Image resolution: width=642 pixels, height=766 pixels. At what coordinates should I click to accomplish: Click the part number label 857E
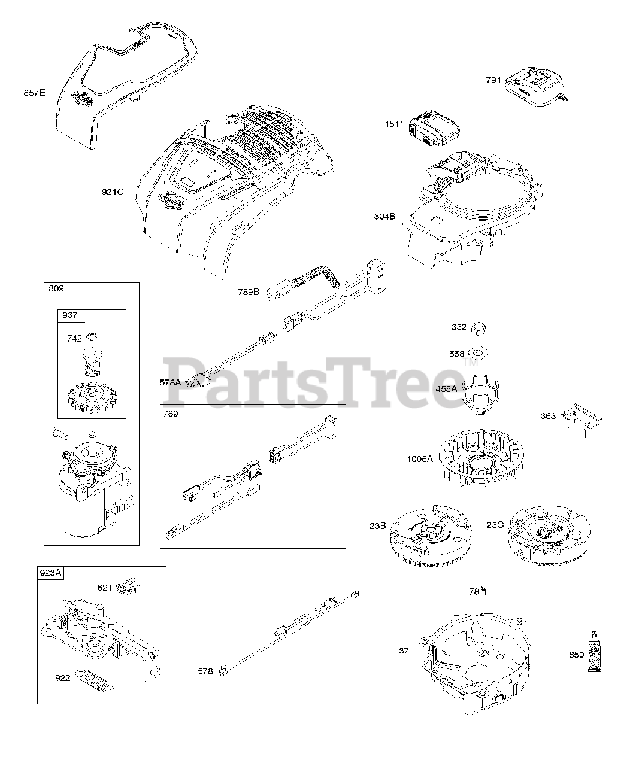(x=34, y=93)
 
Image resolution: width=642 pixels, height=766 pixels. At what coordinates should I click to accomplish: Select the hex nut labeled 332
(x=479, y=327)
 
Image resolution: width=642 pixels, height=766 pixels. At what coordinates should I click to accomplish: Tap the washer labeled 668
(x=479, y=352)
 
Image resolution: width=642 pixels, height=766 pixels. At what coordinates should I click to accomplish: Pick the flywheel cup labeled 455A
(x=483, y=393)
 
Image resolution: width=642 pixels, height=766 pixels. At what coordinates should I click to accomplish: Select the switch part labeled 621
(x=128, y=587)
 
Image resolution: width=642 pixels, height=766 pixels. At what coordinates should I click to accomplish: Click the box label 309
(x=57, y=290)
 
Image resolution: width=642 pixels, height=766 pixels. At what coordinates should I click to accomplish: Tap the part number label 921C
(x=112, y=192)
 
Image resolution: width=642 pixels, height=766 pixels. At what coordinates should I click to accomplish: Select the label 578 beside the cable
(x=205, y=671)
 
